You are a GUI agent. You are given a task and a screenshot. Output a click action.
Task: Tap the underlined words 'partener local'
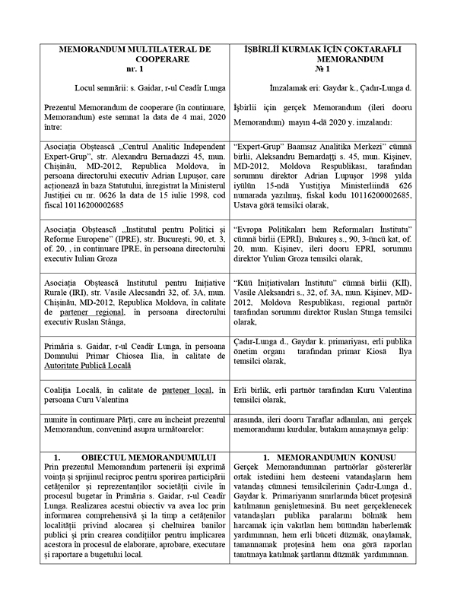click(x=162, y=390)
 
